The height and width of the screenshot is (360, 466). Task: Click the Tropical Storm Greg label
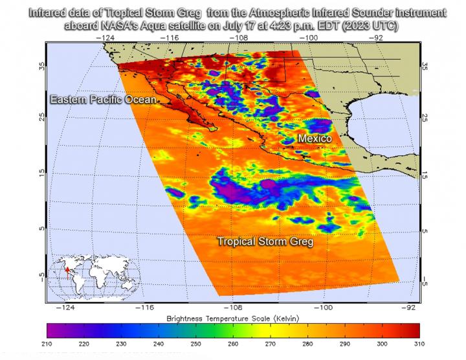pyautogui.click(x=265, y=241)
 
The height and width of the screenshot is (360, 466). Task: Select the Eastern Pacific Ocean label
pyautogui.click(x=104, y=99)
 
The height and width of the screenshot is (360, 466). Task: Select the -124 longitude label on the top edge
pyautogui.click(x=106, y=38)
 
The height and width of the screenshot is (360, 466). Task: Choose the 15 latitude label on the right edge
pyautogui.click(x=425, y=175)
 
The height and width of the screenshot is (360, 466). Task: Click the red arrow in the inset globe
pyautogui.click(x=67, y=271)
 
